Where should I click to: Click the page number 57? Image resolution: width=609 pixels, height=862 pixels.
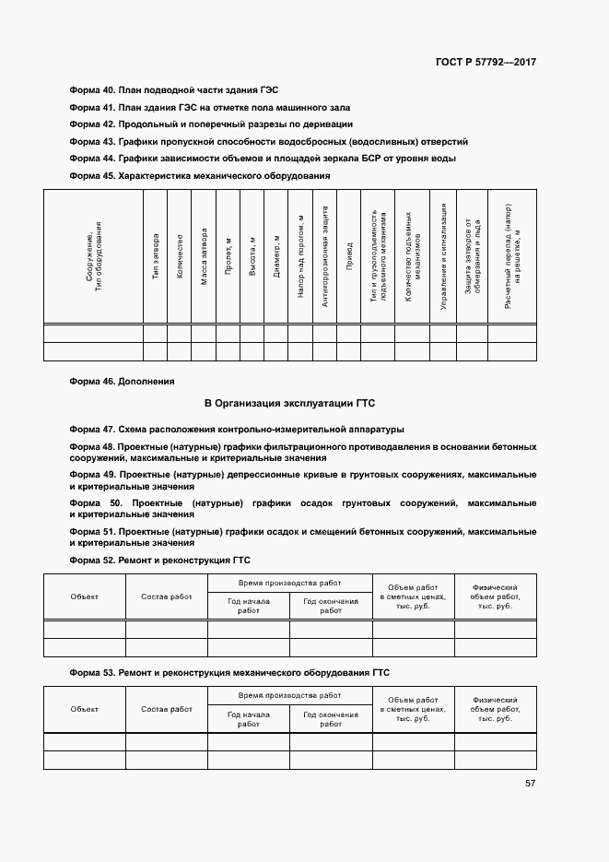(531, 784)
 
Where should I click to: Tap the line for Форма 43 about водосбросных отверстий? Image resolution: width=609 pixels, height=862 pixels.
(269, 141)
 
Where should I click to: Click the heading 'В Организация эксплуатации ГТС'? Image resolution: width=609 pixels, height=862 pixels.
(289, 403)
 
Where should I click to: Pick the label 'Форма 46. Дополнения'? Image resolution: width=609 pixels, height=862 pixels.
(122, 381)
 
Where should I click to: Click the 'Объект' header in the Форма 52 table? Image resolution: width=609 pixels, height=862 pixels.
(84, 596)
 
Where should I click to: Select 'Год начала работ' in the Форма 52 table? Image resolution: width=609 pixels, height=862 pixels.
(248, 605)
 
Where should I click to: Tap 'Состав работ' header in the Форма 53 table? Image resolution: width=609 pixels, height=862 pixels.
(167, 709)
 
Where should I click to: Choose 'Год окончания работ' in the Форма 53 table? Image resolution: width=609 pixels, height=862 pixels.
(331, 719)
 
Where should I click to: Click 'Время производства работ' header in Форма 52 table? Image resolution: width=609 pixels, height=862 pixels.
(289, 584)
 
